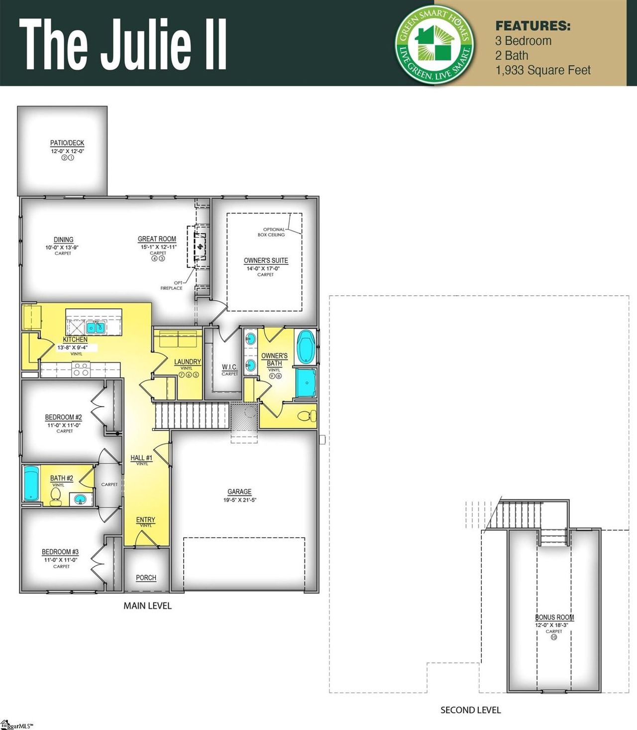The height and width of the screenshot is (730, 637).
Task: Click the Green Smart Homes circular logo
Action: coord(433,44)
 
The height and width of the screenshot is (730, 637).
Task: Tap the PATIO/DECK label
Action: coord(67,143)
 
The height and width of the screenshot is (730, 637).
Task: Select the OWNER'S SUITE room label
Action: coord(266,260)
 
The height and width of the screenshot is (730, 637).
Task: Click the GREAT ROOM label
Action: coord(157,239)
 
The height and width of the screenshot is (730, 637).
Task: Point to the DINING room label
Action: coord(63,240)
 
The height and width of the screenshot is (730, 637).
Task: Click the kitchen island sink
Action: coord(95,327)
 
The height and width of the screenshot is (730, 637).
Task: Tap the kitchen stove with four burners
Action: coord(81,369)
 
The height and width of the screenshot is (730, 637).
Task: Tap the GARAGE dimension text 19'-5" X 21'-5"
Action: coord(239,500)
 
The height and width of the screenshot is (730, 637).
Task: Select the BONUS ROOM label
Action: coord(554,617)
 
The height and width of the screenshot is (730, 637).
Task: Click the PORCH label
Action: coord(146,578)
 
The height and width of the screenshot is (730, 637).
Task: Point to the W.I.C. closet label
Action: coord(229,367)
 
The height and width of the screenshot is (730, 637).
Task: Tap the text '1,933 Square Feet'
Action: coord(542,70)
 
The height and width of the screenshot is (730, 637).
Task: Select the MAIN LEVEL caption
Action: coord(147,606)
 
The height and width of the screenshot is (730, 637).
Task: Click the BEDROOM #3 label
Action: coord(60,552)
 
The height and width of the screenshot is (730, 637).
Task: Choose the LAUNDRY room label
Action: coord(187,362)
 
